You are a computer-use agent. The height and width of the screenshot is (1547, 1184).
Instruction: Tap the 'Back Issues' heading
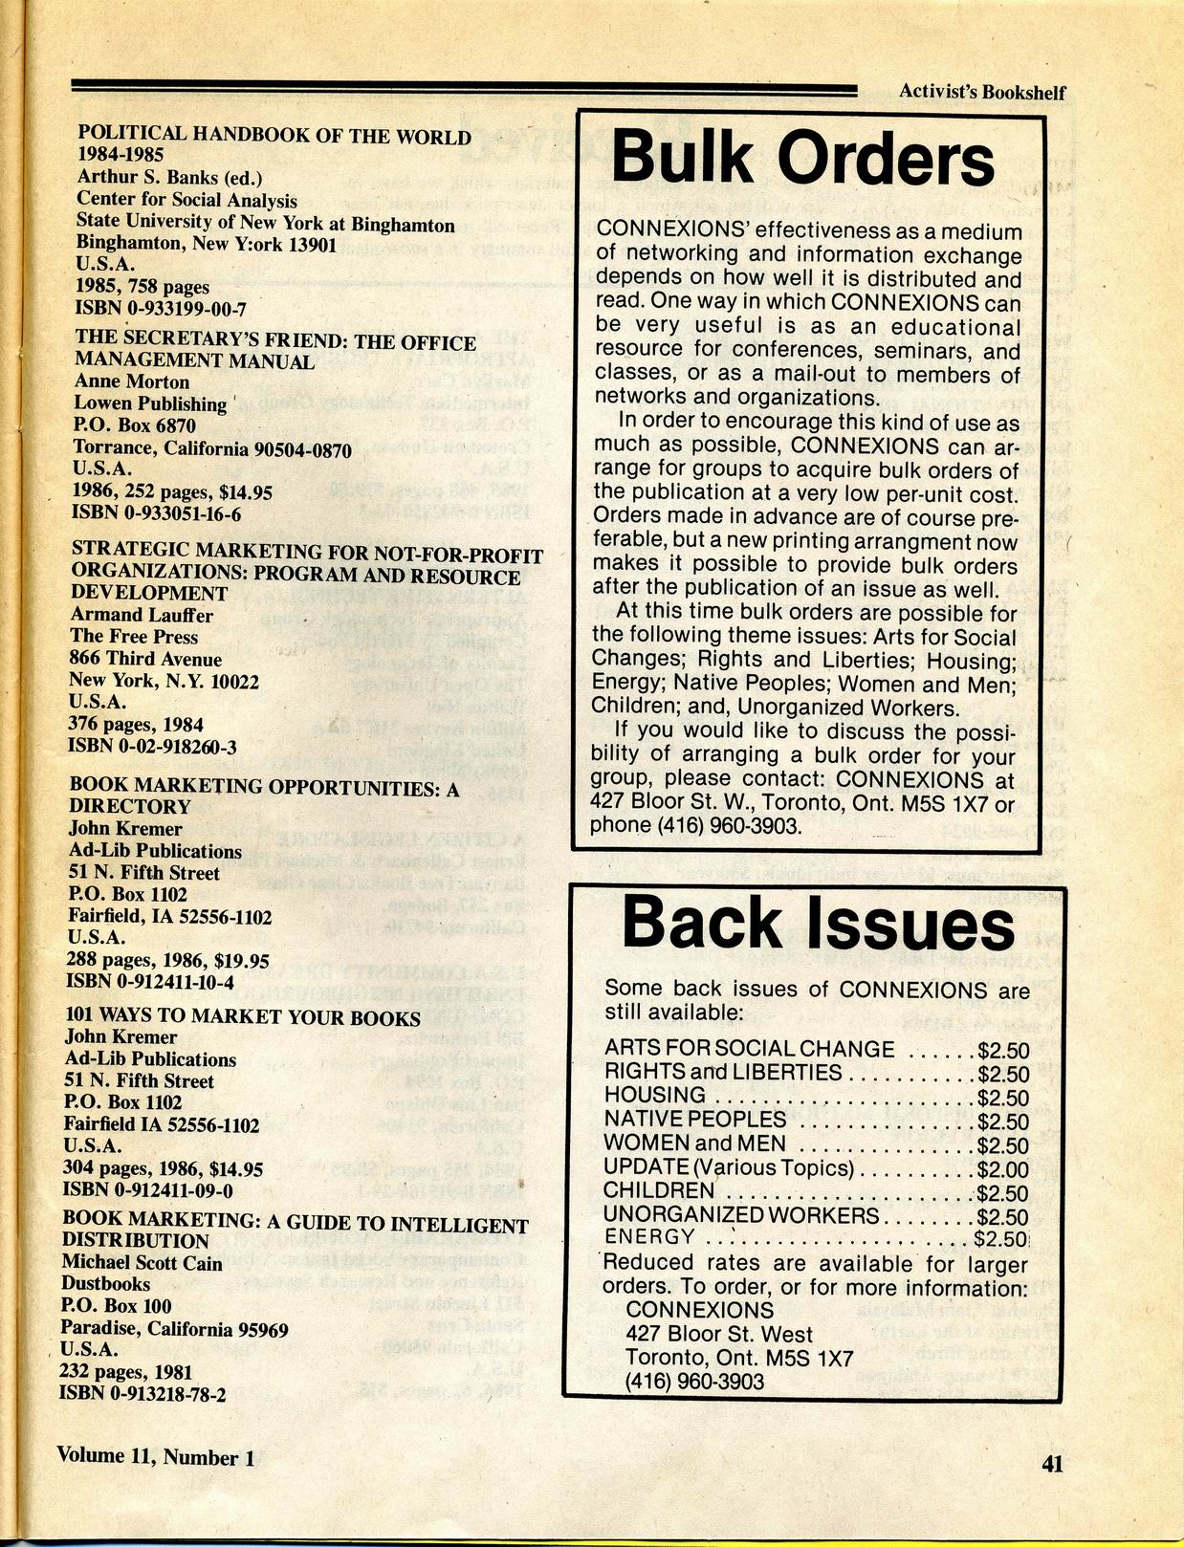(x=818, y=926)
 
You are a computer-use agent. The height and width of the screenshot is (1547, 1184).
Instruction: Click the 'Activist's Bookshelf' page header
(x=981, y=93)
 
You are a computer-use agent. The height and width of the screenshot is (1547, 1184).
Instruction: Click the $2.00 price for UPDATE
(x=1003, y=1168)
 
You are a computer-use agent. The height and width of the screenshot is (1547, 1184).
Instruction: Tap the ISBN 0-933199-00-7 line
(x=162, y=308)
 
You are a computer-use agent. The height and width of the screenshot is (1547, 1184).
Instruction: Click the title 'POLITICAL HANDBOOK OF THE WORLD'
(x=274, y=135)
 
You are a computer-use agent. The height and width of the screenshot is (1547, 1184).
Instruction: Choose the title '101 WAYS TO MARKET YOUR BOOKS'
(x=243, y=1017)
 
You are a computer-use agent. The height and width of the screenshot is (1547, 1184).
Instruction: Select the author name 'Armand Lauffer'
(x=142, y=615)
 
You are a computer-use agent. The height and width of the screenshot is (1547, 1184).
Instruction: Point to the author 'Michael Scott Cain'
(x=142, y=1262)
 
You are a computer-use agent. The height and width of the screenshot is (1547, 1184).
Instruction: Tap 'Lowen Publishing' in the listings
(x=151, y=403)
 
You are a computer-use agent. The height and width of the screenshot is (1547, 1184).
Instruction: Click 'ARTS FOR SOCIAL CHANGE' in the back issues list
(x=750, y=1049)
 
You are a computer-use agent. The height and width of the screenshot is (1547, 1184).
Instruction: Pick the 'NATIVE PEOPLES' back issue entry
(x=695, y=1120)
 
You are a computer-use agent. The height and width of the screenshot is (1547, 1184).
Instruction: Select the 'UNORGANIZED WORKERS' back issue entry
(x=741, y=1215)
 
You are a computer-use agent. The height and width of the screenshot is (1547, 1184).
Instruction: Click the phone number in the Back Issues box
(x=694, y=1381)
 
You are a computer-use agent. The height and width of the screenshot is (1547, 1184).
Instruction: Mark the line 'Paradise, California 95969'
(x=174, y=1328)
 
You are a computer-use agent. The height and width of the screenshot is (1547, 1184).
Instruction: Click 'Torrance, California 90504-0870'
(x=212, y=448)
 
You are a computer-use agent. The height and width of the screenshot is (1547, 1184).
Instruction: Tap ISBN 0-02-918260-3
(x=152, y=747)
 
